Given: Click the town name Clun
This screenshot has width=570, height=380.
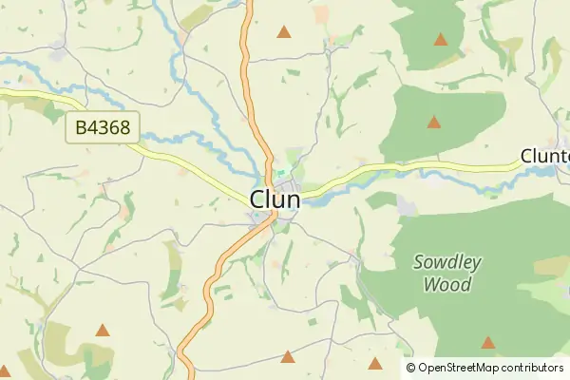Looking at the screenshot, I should pyautogui.click(x=275, y=199).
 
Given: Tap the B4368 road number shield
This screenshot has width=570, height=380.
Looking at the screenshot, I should pyautogui.click(x=104, y=127).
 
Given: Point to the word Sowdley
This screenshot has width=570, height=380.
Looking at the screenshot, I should pyautogui.click(x=448, y=263).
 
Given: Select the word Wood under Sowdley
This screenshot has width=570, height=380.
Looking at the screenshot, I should pyautogui.click(x=447, y=283).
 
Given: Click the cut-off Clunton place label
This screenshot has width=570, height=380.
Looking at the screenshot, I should pyautogui.click(x=544, y=157).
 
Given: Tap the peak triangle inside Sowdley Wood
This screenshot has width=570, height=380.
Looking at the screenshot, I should pyautogui.click(x=487, y=342).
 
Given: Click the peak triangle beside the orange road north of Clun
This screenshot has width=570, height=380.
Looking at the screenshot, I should pyautogui.click(x=283, y=32).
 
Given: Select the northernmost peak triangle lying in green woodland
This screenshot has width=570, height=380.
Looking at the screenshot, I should pyautogui.click(x=440, y=40).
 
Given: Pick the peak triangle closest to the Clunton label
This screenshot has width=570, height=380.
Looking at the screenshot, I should pyautogui.click(x=434, y=122).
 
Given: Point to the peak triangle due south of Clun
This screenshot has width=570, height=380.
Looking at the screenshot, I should pyautogui.click(x=287, y=356).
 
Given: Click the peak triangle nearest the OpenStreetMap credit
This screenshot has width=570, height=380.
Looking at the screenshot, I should pyautogui.click(x=375, y=363).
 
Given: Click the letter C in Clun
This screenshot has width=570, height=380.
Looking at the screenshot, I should pyautogui.click(x=258, y=199).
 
